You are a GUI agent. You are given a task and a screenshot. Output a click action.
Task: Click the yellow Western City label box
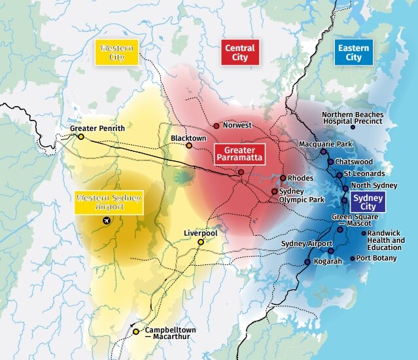(116, 52)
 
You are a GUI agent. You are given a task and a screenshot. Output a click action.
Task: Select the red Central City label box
(239, 52)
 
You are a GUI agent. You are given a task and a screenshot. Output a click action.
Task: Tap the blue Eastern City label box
(353, 52)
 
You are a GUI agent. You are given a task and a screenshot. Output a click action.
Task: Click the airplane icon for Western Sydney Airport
(107, 222)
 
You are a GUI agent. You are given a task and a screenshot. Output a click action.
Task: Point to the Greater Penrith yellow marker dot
(80, 137)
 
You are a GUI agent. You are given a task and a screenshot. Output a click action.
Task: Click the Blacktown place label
(188, 138)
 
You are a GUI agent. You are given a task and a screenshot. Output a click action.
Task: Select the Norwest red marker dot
(217, 125)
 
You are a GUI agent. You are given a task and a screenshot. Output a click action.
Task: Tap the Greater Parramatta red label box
(239, 155)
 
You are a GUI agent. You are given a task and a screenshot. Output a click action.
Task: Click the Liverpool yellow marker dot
(201, 242)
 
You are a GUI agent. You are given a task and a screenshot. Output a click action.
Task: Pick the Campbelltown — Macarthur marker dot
(135, 332)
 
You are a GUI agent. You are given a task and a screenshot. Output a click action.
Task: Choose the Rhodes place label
(300, 178)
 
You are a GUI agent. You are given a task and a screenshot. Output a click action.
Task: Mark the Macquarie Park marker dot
(323, 152)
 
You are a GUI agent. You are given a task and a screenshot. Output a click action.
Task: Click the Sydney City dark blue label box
(368, 202)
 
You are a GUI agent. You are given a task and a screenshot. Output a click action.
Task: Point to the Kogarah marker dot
(307, 262)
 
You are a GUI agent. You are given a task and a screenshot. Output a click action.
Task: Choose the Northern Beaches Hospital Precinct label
(353, 118)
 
